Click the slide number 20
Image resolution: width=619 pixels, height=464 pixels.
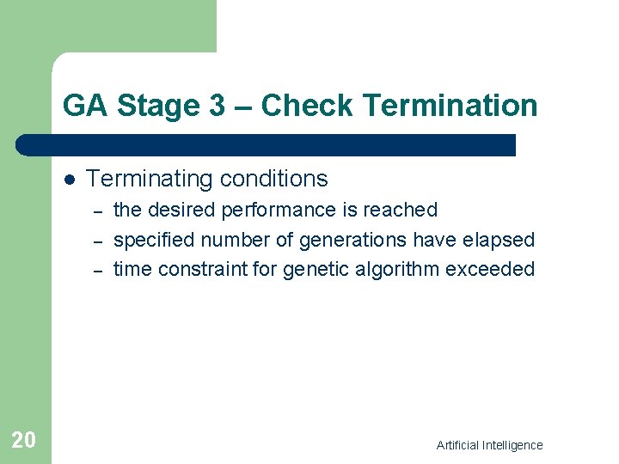(23, 440)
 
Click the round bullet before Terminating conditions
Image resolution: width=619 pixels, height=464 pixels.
(69, 180)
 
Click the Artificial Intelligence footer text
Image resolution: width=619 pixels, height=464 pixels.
(489, 445)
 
